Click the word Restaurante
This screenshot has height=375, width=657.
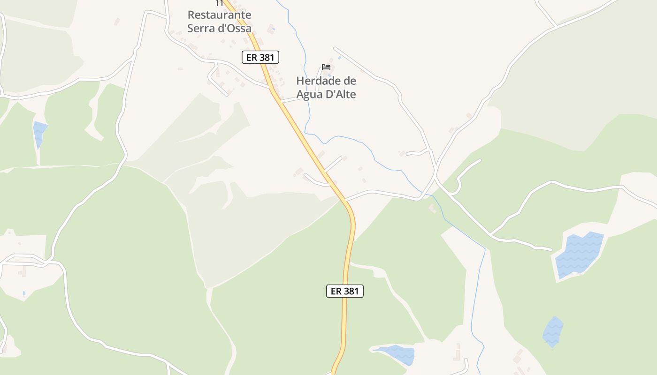pos(219,15)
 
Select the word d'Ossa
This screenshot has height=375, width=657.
pos(236,28)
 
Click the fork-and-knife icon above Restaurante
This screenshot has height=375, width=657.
pos(219,3)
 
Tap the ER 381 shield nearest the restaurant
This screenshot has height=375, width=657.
pos(260,57)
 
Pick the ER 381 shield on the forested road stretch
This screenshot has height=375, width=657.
pos(345,291)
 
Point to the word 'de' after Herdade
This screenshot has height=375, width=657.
pos(350,81)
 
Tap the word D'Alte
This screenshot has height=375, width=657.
pos(341,94)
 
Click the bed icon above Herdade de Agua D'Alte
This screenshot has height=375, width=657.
pos(326,67)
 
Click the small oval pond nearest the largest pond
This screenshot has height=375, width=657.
pos(553,332)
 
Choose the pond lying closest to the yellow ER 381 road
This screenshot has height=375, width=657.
pos(395,354)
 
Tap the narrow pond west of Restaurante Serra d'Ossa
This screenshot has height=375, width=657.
pos(39,133)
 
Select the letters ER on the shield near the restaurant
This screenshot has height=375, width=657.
pos(252,57)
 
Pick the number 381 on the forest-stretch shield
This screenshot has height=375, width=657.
pos(351,291)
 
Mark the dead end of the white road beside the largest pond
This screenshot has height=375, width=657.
pos(551,249)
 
